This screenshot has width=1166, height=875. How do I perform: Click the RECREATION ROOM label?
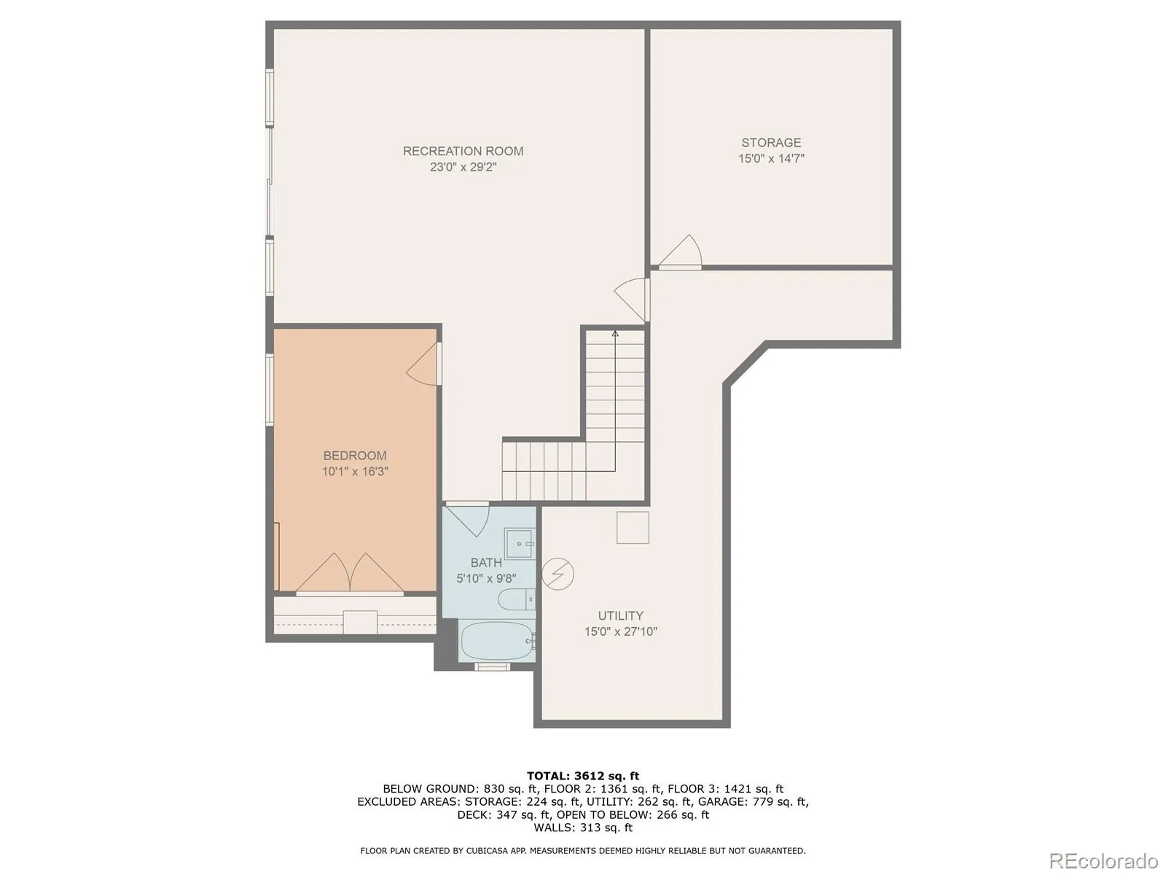click(463, 152)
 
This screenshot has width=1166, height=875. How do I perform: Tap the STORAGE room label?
click(771, 142)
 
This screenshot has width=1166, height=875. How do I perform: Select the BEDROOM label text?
click(355, 455)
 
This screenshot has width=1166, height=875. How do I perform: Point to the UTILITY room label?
click(620, 615)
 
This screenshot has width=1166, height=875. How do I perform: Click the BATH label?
click(486, 563)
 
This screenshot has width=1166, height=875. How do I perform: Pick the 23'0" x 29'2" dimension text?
click(463, 168)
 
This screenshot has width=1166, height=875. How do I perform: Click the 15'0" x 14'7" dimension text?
click(771, 158)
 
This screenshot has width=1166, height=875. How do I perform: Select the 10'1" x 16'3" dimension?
click(355, 471)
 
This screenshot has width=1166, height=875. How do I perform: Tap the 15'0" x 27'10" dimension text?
click(620, 631)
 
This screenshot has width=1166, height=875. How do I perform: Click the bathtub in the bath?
click(497, 640)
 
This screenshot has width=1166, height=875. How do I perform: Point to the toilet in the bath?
click(517, 599)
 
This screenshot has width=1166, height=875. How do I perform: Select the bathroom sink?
click(519, 543)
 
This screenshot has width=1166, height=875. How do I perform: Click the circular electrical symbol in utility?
click(557, 574)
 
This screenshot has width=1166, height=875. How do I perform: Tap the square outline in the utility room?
click(632, 527)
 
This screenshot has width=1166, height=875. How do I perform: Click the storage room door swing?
click(681, 252)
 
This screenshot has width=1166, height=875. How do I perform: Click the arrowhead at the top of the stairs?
click(615, 334)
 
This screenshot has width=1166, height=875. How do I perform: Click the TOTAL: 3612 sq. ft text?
click(583, 776)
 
